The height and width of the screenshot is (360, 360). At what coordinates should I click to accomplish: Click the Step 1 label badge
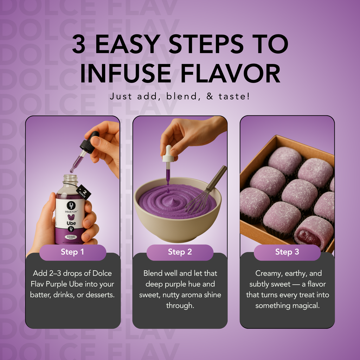point(72,252)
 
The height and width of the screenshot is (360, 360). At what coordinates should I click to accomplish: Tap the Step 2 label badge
point(180,252)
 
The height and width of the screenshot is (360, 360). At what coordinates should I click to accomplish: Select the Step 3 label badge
point(287,252)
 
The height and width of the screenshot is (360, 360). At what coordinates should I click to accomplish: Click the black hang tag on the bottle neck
point(84,192)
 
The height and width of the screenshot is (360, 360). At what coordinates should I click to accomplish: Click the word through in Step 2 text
point(180,306)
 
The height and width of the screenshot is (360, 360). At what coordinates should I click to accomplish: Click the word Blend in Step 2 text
point(153,273)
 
